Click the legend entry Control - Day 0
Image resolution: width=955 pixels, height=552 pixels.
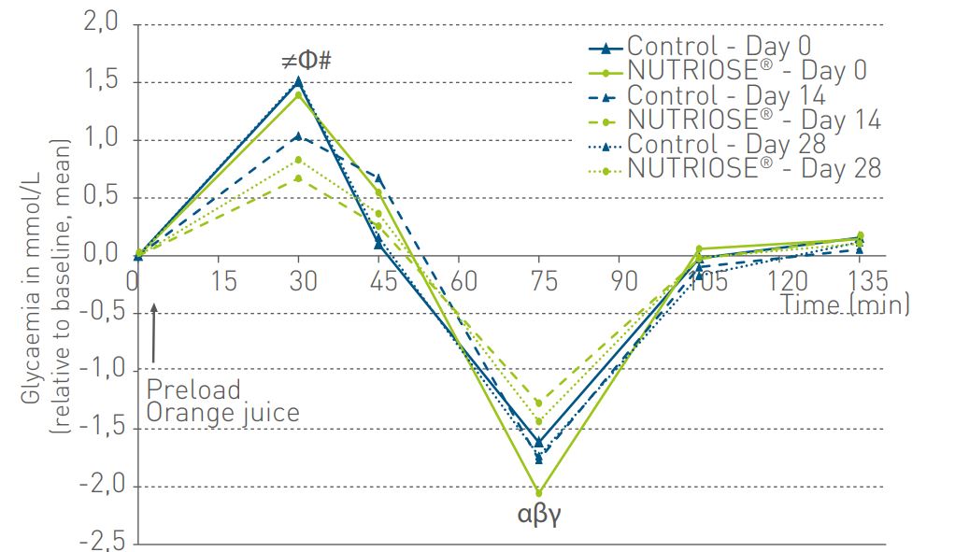pyautogui.click(x=719, y=45)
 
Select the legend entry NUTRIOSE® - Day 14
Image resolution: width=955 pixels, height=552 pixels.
pyautogui.click(x=753, y=120)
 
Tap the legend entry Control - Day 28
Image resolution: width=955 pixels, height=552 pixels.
pyautogui.click(x=726, y=144)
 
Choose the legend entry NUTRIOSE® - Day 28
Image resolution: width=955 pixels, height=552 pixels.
pyautogui.click(x=753, y=168)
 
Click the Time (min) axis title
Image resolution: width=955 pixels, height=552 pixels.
pyautogui.click(x=844, y=304)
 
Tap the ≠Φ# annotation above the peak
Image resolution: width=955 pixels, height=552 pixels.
pyautogui.click(x=307, y=62)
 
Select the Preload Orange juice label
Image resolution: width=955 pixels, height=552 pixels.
pyautogui.click(x=222, y=401)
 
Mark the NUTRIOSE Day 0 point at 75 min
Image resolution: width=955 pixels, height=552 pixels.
pyautogui.click(x=539, y=492)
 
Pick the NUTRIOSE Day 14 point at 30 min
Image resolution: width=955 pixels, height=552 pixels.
pyautogui.click(x=298, y=178)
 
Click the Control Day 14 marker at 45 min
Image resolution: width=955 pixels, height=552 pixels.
pyautogui.click(x=378, y=179)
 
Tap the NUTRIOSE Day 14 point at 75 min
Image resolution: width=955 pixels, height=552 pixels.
pyautogui.click(x=539, y=403)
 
